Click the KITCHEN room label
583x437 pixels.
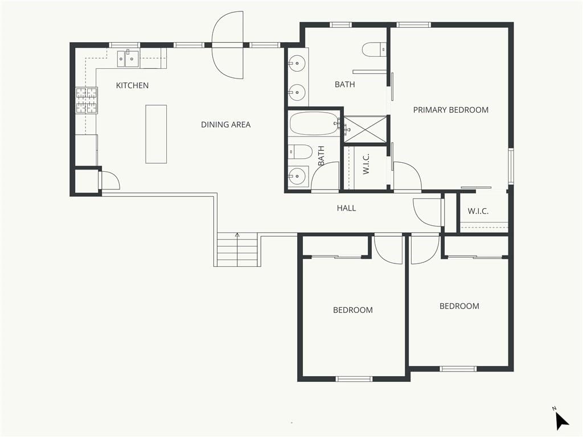tap(132, 85)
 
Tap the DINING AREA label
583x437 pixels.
tap(225, 125)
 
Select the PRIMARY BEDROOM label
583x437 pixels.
tap(451, 110)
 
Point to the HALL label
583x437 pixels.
tap(346, 208)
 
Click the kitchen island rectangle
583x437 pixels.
tap(156, 134)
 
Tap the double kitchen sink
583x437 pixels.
tap(128, 59)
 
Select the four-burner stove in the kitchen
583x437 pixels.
tap(87, 100)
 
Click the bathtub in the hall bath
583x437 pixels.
tap(314, 123)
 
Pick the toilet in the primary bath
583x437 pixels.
tap(374, 50)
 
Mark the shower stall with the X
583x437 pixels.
tap(365, 129)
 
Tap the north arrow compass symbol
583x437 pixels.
tap(561, 420)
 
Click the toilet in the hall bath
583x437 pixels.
tap(299, 151)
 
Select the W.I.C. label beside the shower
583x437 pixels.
tap(366, 164)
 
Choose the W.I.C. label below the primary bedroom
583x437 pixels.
tap(478, 212)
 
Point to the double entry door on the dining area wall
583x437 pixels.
tap(228, 46)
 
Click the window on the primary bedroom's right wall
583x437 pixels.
tap(511, 166)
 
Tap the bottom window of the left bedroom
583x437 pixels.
tap(354, 379)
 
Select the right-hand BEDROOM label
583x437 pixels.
tap(459, 306)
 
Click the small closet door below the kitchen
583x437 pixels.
tap(110, 180)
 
